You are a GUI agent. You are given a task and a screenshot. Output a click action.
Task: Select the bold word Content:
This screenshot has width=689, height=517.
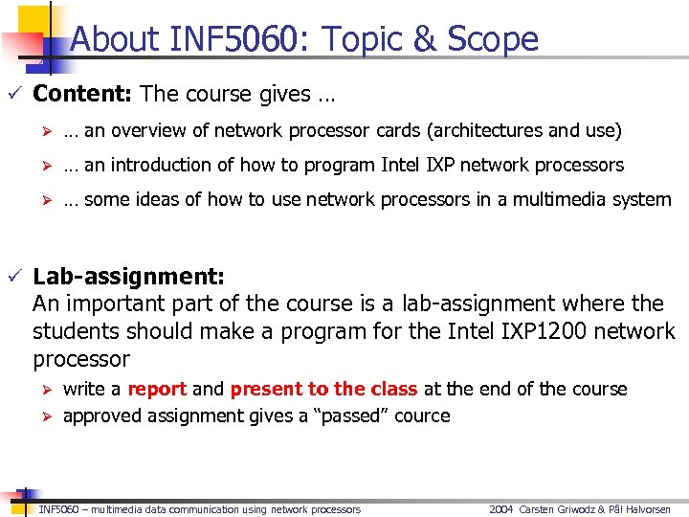coord(82,94)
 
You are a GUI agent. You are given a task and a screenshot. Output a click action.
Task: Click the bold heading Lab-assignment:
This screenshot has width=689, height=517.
coord(129,277)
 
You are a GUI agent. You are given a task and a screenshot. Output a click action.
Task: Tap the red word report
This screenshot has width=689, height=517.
coord(157,389)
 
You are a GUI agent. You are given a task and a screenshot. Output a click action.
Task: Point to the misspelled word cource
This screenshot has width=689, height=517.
coord(422,416)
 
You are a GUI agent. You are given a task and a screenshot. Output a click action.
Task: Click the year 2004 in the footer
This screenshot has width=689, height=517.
coord(501,509)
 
